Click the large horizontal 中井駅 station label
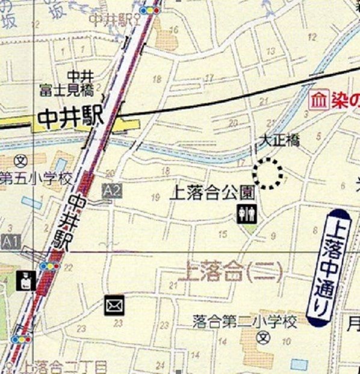point(71,117)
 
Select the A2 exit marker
point(112,192)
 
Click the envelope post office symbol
point(114,305)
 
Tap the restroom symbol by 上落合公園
point(247,214)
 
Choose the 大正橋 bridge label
point(279,140)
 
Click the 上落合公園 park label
point(214,193)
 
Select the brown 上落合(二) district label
point(231,272)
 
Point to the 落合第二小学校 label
point(245,323)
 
